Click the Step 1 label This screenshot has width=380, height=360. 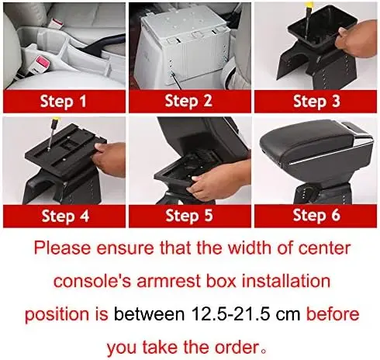(x=64, y=101)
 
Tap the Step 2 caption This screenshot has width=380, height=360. (x=188, y=101)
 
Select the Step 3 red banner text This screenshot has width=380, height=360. (x=316, y=101)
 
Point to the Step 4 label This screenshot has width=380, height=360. (x=65, y=216)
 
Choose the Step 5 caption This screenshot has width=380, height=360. (x=189, y=216)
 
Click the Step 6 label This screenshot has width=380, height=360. (x=316, y=215)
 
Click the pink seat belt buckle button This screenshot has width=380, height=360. (x=43, y=62)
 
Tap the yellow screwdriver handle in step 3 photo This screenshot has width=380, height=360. (x=309, y=4)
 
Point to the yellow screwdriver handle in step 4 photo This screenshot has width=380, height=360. (x=56, y=120)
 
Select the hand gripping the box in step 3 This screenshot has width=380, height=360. (x=356, y=39)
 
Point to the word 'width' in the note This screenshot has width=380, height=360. (x=247, y=247)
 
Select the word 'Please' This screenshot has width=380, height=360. (x=62, y=247)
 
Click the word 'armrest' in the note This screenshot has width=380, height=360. (x=168, y=281)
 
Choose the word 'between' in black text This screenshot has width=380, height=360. (x=150, y=314)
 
